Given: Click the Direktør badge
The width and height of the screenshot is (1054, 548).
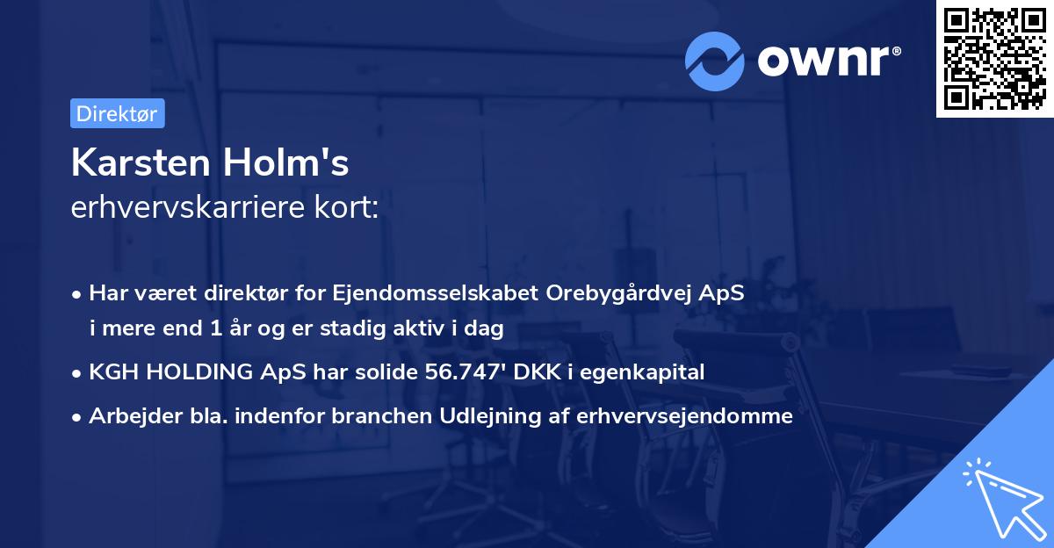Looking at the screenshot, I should click(x=117, y=113).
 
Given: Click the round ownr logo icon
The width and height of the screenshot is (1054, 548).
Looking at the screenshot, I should click(x=715, y=61).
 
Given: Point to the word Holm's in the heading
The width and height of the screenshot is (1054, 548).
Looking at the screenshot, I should click(x=295, y=162).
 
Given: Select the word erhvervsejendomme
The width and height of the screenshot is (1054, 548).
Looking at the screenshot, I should click(x=684, y=416).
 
